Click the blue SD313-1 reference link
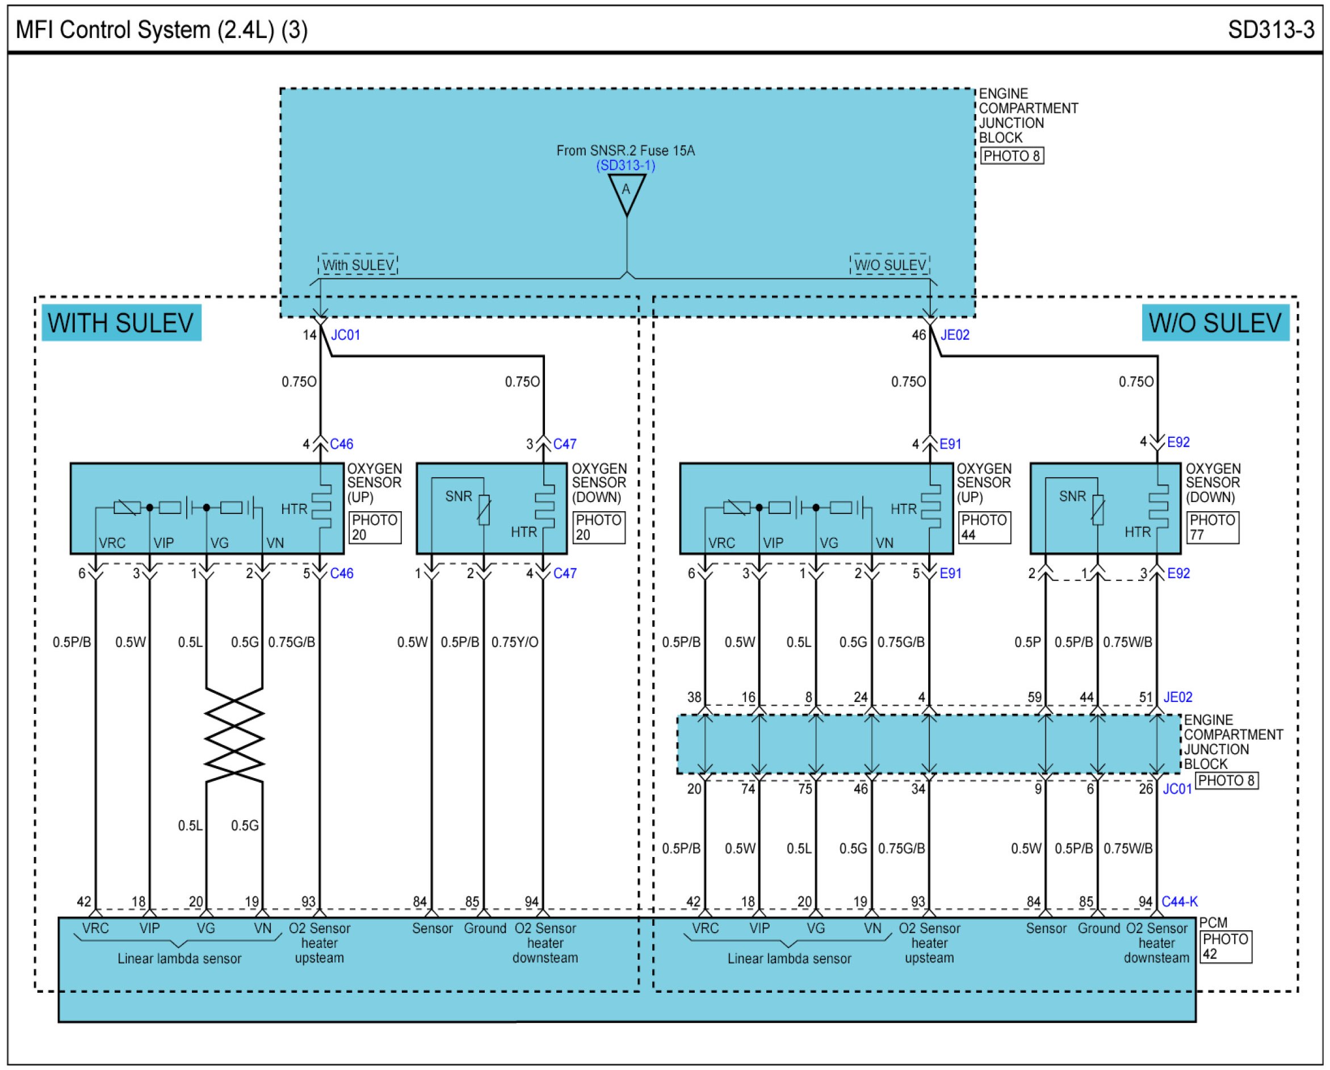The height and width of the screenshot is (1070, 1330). pyautogui.click(x=626, y=165)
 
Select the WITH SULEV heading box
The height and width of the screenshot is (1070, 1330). pyautogui.click(x=121, y=323)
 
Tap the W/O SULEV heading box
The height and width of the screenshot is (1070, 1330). pyautogui.click(x=1215, y=323)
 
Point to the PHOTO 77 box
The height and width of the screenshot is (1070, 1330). pyautogui.click(x=1212, y=528)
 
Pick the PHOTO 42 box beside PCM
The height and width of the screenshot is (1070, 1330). pyautogui.click(x=1225, y=947)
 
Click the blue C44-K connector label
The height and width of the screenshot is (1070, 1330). pyautogui.click(x=1179, y=901)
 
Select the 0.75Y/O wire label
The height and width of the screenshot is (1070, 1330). pyautogui.click(x=514, y=642)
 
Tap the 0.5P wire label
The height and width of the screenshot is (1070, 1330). pyautogui.click(x=1027, y=642)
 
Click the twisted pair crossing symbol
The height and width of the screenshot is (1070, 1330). pyautogui.click(x=234, y=735)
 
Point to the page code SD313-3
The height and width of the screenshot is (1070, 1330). pyautogui.click(x=1271, y=30)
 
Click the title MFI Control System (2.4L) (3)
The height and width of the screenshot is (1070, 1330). pyautogui.click(x=162, y=30)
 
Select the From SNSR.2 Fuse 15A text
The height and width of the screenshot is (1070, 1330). pyautogui.click(x=626, y=151)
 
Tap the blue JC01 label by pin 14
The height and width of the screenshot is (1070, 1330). pyautogui.click(x=346, y=335)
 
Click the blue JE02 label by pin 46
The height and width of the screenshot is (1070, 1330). pyautogui.click(x=955, y=335)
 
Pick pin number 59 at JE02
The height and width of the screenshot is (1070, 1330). pyautogui.click(x=1034, y=697)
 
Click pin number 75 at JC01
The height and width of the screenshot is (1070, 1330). pyautogui.click(x=804, y=789)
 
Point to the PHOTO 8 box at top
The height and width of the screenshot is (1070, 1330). pyautogui.click(x=1012, y=156)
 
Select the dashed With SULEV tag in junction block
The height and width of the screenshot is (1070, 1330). pyautogui.click(x=358, y=265)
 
